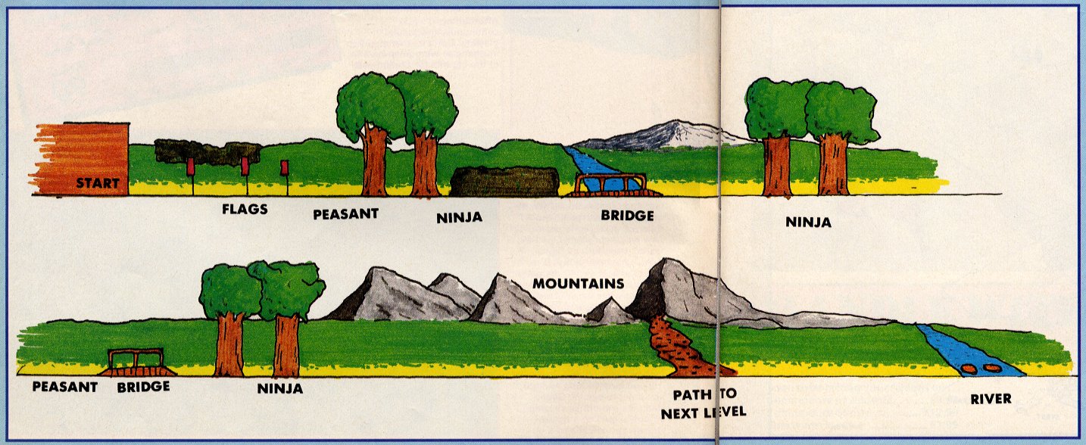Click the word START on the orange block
tap(98, 183)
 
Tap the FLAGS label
tap(245, 209)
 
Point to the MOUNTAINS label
tap(579, 284)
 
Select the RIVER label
tap(991, 399)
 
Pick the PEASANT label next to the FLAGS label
tap(345, 213)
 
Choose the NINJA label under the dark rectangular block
tap(459, 218)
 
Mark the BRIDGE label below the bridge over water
tap(627, 215)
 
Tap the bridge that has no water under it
tap(138, 363)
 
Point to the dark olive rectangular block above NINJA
tap(504, 182)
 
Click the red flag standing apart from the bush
tap(285, 168)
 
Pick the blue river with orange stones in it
tap(967, 351)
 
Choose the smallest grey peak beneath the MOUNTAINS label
tap(610, 312)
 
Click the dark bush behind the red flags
tap(208, 151)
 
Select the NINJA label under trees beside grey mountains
tap(279, 388)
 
